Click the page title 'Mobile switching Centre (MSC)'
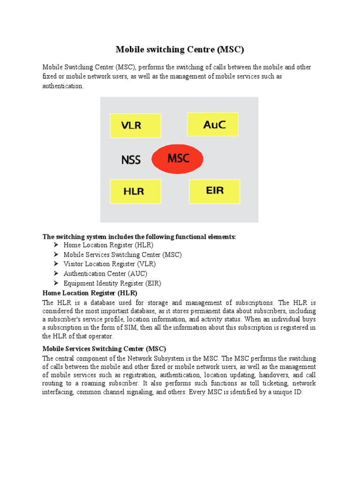coord(180,49)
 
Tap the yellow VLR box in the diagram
coord(135,126)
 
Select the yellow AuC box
coord(212,124)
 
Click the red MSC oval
coord(178,158)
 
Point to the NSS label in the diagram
coord(131,160)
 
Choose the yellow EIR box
coord(215,191)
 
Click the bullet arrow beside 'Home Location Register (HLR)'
coord(56,245)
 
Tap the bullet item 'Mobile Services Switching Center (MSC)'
coord(122,255)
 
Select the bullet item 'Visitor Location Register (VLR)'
coord(110,264)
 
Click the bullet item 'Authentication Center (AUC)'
coord(105,273)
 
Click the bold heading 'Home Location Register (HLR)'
coord(90,293)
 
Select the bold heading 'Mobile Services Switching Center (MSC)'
coord(104,349)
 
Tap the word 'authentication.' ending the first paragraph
coord(63,86)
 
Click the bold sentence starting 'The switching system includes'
coord(139,237)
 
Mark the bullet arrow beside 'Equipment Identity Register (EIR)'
coord(56,283)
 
